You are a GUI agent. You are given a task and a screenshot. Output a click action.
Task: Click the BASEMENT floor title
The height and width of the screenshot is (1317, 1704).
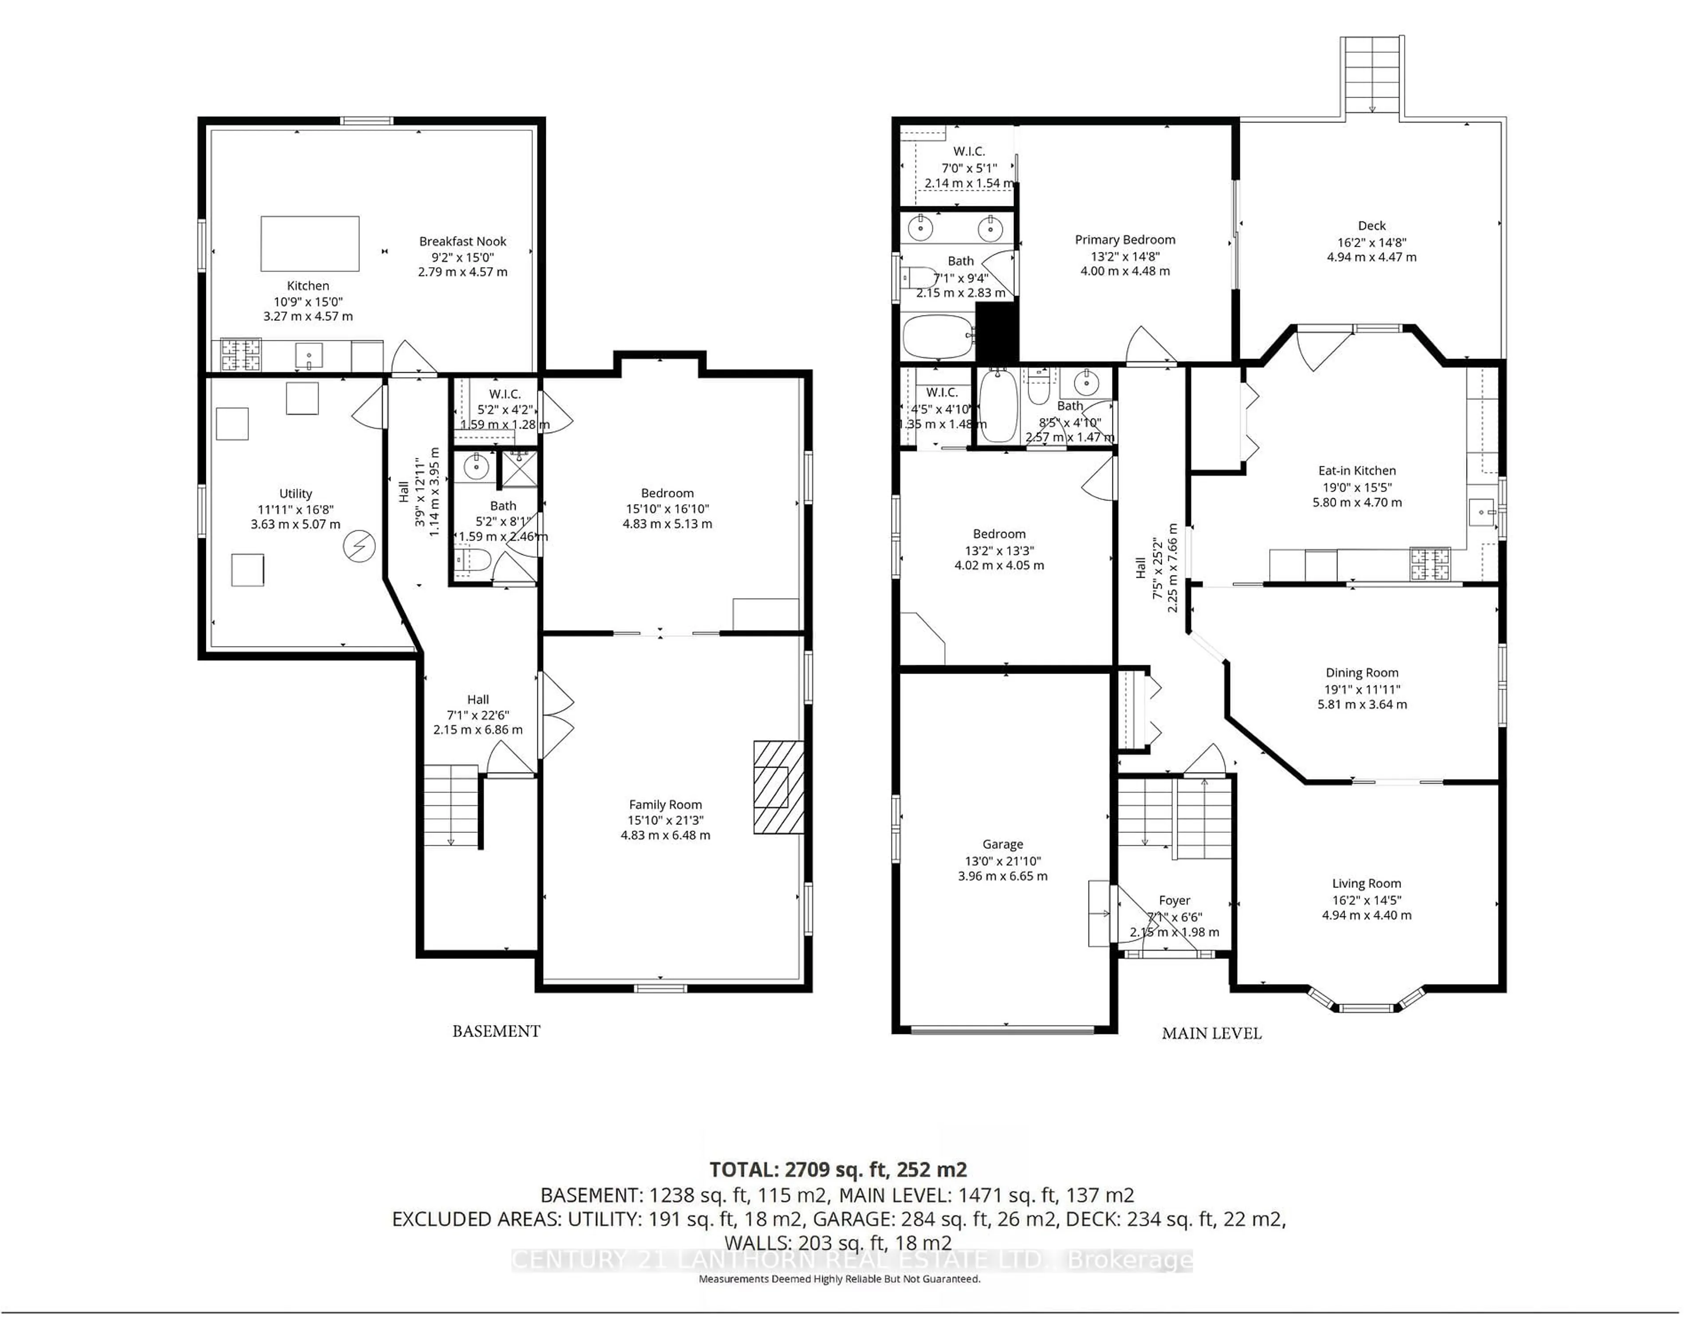point(496,1031)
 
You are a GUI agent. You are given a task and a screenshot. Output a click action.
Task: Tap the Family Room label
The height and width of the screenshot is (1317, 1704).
point(665,804)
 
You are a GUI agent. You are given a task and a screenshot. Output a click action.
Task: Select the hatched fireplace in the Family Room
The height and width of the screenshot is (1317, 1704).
point(778,787)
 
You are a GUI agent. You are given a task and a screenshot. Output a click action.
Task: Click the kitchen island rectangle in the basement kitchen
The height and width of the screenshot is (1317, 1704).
point(310,244)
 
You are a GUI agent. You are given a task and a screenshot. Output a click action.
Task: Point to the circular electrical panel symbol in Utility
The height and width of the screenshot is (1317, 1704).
point(360,546)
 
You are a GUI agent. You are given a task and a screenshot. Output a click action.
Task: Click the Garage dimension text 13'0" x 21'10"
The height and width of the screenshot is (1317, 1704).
point(1002,860)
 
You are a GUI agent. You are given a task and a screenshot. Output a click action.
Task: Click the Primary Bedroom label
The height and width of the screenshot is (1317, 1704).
point(1124,240)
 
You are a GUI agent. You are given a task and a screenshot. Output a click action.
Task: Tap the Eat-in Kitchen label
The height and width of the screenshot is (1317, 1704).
point(1357,470)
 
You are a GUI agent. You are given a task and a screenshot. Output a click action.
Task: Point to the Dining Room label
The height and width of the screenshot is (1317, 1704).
point(1361,673)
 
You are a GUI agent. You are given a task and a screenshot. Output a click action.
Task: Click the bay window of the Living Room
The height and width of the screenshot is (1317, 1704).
point(1366,1005)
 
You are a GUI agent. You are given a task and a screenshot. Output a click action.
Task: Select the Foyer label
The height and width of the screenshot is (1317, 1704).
point(1174,900)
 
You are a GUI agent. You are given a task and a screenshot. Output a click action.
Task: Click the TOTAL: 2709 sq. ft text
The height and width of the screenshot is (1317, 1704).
point(837,1170)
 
